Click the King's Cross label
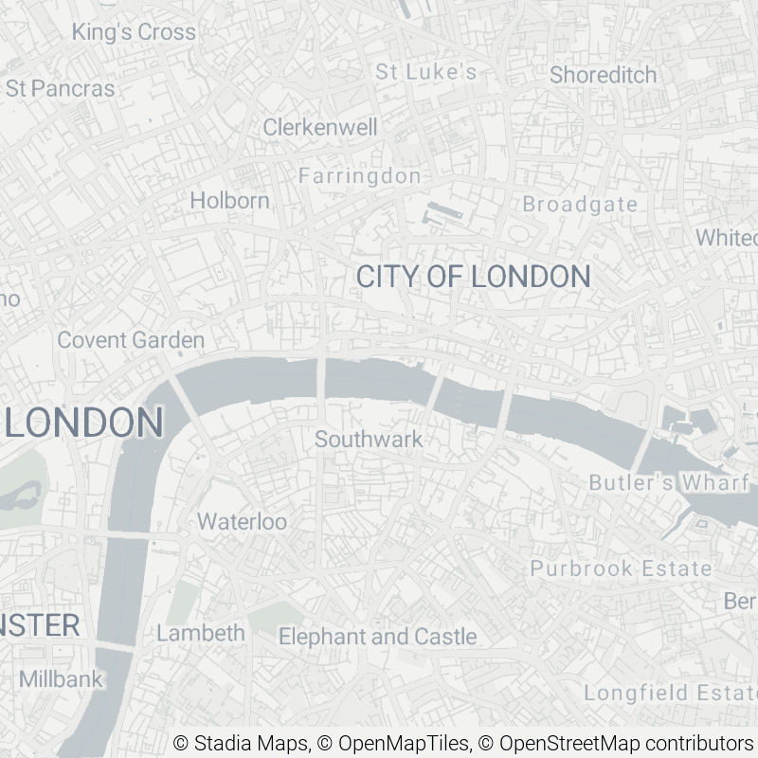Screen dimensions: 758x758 (x=134, y=32)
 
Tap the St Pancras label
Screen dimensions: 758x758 (x=60, y=89)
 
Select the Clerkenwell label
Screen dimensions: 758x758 (x=320, y=127)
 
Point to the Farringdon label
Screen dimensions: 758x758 (x=359, y=176)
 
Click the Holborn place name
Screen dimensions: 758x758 (x=229, y=201)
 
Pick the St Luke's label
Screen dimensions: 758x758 (x=425, y=72)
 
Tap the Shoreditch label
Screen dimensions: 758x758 (x=603, y=75)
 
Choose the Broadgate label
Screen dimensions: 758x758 (x=580, y=205)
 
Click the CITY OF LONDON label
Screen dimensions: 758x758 (x=473, y=277)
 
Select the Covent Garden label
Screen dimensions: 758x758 (x=131, y=340)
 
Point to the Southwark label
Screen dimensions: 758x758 (x=369, y=440)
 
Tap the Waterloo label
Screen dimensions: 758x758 (x=242, y=522)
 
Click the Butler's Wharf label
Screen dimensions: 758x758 (x=669, y=483)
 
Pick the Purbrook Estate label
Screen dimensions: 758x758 (x=621, y=568)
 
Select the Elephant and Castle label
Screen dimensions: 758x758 (x=377, y=637)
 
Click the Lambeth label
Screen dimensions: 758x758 (x=201, y=633)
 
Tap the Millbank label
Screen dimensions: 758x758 (x=61, y=679)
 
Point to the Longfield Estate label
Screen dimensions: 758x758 (x=669, y=694)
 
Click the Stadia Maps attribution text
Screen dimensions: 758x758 (x=241, y=743)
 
